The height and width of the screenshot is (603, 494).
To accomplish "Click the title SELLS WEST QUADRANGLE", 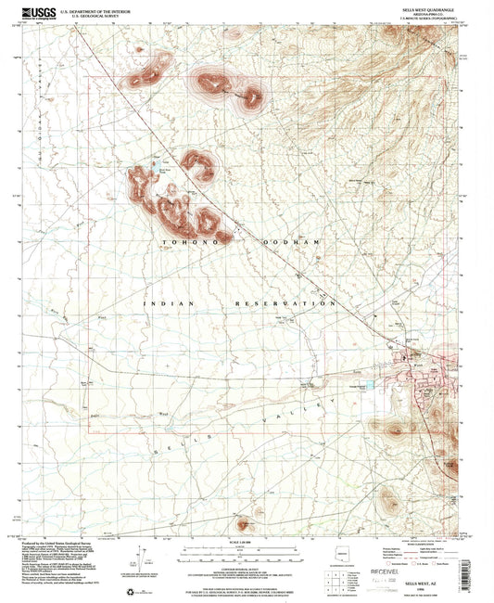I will (424, 8).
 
